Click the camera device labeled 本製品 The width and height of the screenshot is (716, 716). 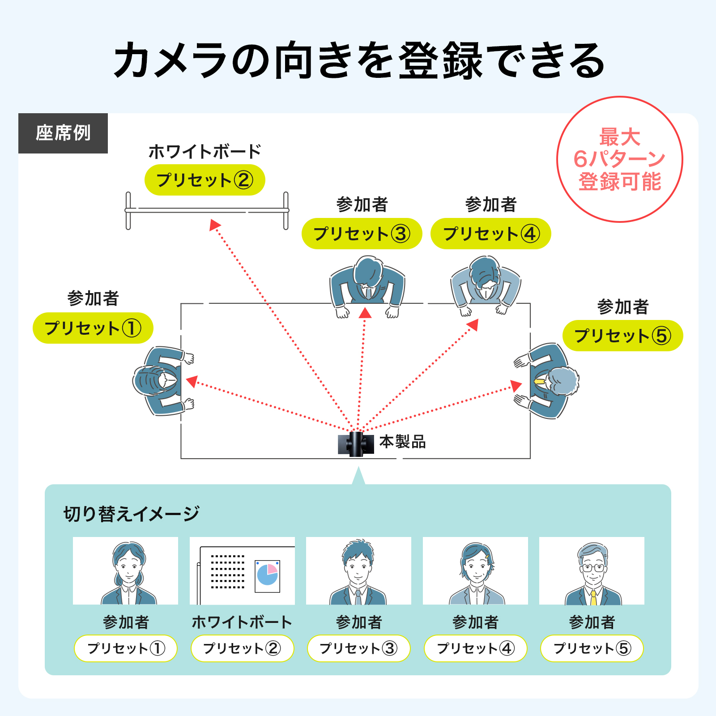pyautogui.click(x=356, y=444)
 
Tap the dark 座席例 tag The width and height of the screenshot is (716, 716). pyautogui.click(x=63, y=133)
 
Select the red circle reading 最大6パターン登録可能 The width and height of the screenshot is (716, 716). pyautogui.click(x=620, y=159)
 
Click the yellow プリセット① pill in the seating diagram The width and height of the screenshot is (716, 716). pyautogui.click(x=93, y=328)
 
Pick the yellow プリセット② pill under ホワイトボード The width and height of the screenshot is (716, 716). pyautogui.click(x=205, y=180)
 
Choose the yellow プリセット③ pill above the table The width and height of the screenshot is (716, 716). pyautogui.click(x=362, y=234)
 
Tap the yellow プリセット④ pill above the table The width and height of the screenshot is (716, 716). pyautogui.click(x=491, y=234)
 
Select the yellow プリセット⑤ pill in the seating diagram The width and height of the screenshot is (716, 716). pyautogui.click(x=622, y=336)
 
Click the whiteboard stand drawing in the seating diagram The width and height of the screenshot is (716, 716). pyautogui.click(x=207, y=210)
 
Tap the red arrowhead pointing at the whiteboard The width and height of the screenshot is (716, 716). pyautogui.click(x=215, y=225)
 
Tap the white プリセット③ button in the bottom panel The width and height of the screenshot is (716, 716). pyautogui.click(x=358, y=648)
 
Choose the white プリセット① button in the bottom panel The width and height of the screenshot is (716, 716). pyautogui.click(x=126, y=648)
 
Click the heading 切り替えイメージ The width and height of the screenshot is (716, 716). pyautogui.click(x=131, y=514)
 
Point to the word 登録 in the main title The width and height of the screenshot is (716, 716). pyautogui.click(x=441, y=60)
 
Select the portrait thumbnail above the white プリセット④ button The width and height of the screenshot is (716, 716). pyautogui.click(x=475, y=571)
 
